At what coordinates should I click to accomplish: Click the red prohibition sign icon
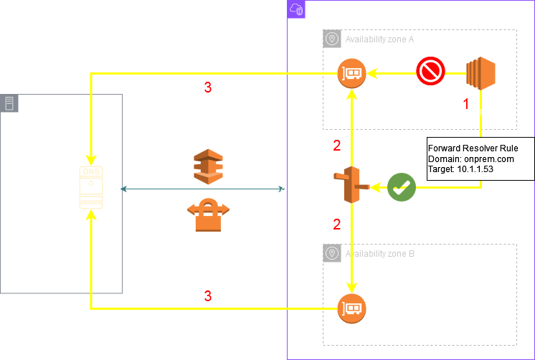click(431, 72)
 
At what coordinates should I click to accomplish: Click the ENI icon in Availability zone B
click(352, 308)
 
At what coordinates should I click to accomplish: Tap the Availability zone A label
click(380, 39)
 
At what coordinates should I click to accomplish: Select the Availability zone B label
click(380, 253)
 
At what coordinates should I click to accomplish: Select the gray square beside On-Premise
click(9, 103)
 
